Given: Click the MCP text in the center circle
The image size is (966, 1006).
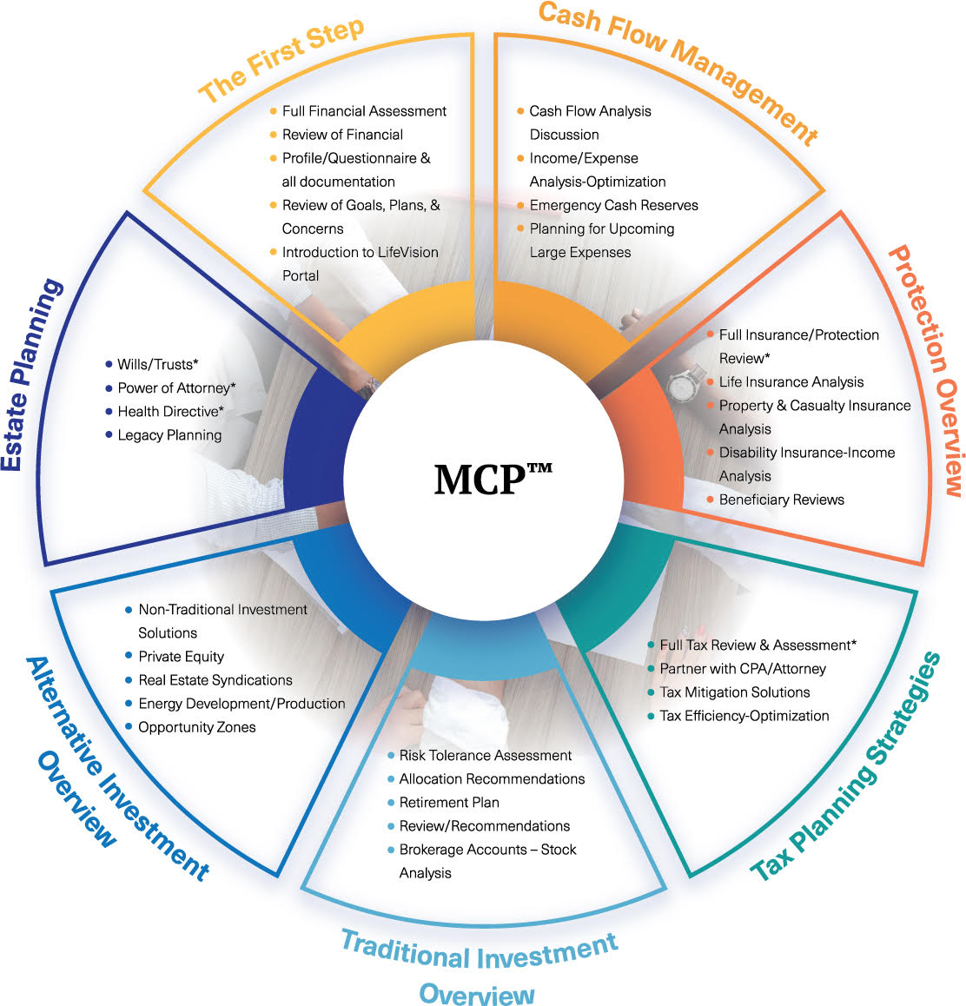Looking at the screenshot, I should [492, 479].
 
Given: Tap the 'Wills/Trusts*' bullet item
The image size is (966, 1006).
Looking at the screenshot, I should [158, 365].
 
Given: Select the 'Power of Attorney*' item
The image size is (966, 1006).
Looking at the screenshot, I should [176, 388].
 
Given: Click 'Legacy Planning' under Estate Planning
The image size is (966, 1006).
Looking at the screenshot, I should [169, 435].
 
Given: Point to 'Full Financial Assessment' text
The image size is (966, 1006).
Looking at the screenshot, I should [364, 111].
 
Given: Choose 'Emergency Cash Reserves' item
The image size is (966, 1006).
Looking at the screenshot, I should [613, 205].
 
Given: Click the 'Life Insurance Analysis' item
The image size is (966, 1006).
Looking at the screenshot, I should [791, 382].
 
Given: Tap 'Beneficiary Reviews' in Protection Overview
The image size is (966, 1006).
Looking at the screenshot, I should [781, 500].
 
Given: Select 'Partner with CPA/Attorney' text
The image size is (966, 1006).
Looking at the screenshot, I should [742, 669].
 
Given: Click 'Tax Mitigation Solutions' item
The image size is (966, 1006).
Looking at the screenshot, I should [734, 692].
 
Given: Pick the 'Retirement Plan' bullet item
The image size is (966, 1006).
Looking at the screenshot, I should [448, 803].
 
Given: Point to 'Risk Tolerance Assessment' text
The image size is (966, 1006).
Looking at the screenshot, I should [485, 756].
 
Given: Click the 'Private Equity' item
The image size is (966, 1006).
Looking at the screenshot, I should [181, 657].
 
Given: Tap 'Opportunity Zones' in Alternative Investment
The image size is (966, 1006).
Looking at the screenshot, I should [196, 727].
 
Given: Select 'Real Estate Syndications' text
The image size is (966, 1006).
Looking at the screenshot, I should [215, 680].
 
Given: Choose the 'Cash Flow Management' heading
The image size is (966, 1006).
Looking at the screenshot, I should [678, 69].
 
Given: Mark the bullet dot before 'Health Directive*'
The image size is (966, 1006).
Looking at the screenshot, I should [109, 412].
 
